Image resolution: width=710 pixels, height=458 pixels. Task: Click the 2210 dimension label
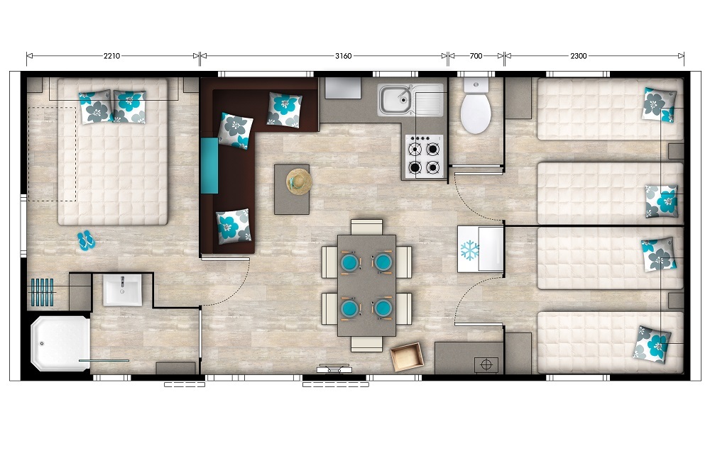pos(112,56)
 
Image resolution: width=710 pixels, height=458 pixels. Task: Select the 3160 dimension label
pos(343,56)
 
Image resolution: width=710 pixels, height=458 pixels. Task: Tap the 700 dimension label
pos(476,56)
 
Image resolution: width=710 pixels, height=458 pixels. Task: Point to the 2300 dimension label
pos(578,56)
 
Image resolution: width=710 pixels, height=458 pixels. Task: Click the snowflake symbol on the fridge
pos(469,250)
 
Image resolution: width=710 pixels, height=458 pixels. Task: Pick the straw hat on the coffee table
pos(300,181)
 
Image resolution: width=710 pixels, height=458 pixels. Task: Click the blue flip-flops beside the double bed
pos(86,240)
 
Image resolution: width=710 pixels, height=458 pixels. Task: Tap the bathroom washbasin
pos(122,290)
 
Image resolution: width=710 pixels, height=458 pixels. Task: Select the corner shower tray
pos(60,343)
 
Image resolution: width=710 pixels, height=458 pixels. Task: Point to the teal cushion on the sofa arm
pos(209,165)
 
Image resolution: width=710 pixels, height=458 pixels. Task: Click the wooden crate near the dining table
pos(407,357)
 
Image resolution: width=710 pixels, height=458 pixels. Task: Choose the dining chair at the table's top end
pos(367,226)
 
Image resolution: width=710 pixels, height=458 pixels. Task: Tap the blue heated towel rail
pos(43,293)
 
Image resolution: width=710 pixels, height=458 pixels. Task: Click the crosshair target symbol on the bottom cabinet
pos(486,364)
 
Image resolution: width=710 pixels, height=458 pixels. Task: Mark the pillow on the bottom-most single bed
pos(652,344)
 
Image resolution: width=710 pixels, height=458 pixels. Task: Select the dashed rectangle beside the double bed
pos(52,154)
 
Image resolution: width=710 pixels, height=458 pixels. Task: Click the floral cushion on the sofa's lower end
pos(234,226)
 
